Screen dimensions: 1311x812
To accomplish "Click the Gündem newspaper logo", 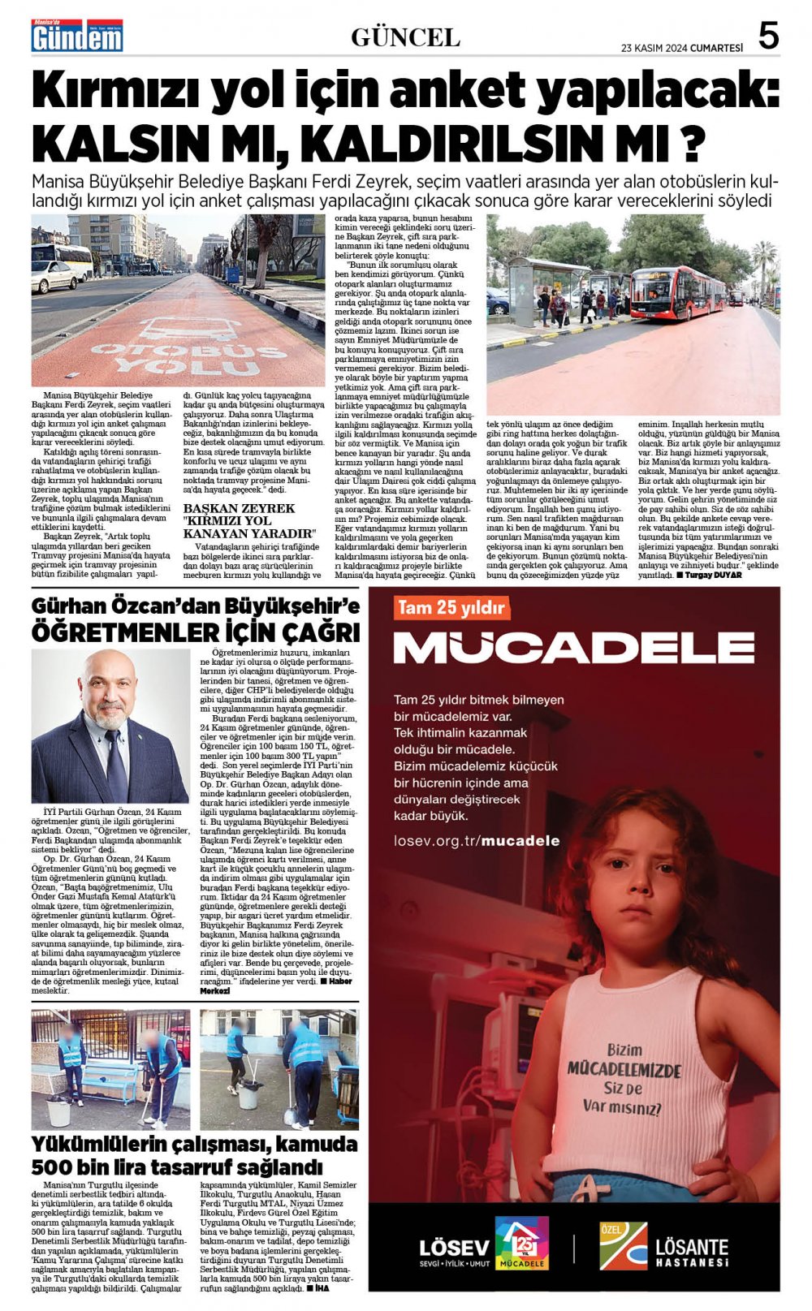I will (77, 37).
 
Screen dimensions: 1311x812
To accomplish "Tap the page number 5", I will (767, 37).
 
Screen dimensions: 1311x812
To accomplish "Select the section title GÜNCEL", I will (405, 37).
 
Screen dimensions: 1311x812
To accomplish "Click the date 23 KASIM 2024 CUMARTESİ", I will (681, 47).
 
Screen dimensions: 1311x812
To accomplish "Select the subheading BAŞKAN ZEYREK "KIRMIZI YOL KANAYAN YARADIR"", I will (248, 521).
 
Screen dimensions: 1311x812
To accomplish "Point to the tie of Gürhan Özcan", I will (114, 762).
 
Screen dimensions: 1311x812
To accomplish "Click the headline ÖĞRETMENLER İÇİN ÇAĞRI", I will (195, 632).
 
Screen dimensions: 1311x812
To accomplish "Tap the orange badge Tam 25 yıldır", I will (451, 606).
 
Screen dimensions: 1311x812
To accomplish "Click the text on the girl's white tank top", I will (624, 1079).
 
